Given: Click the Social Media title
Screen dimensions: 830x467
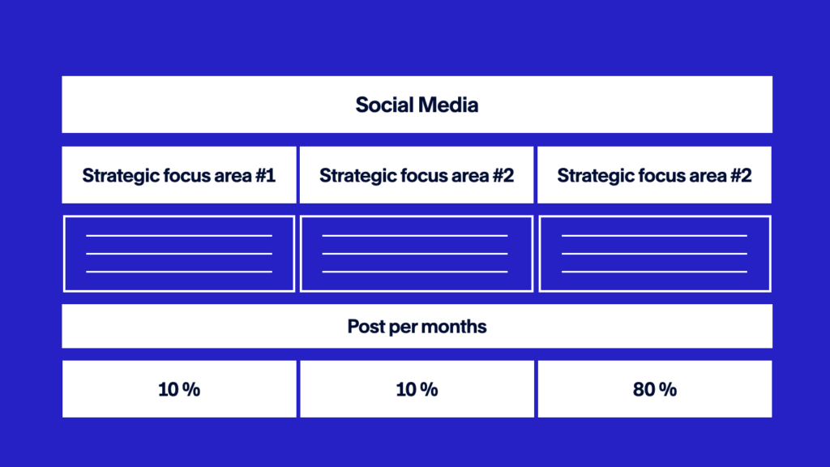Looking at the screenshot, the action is coord(417,105).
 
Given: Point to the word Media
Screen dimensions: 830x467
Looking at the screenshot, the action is coord(449,105).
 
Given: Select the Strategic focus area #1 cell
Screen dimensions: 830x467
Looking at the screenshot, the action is coord(179,175).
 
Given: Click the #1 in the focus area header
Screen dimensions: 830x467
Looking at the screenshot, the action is coord(265,175).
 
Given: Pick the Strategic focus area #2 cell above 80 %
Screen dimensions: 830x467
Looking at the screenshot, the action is coord(654,175).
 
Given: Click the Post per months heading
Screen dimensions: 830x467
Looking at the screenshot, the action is coord(417,327).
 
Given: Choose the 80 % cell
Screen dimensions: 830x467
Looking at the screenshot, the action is coord(655,389).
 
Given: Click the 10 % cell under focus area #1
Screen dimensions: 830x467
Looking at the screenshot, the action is coord(179,389).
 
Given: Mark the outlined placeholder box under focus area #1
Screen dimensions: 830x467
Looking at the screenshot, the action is coord(179,216).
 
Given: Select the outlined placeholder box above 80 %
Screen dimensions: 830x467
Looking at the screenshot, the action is coord(655,216).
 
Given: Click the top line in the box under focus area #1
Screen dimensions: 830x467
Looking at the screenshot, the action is coord(179,236).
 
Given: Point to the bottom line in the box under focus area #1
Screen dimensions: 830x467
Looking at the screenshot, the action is coord(179,272).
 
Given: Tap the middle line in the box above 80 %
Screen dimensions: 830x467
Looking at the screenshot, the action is coord(654,254).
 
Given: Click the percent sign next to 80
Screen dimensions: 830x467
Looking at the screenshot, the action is coord(668,390).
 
